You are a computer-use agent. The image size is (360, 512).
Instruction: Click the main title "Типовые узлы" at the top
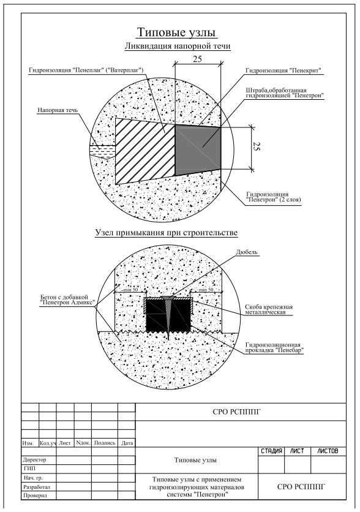point(176,32)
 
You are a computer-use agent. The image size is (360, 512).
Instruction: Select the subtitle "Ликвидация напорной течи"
point(178,46)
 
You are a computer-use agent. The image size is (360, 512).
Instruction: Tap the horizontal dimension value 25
point(197,59)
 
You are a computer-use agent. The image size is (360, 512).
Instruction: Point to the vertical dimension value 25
point(257,147)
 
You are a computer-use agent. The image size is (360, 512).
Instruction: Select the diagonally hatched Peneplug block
point(145,151)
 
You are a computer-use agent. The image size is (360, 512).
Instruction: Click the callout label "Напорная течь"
point(58,110)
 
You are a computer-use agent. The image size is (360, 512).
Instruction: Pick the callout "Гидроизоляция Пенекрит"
point(283,70)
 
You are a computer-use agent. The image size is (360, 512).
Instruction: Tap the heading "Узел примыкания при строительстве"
point(166,233)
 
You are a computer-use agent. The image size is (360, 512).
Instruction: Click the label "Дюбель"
point(247,252)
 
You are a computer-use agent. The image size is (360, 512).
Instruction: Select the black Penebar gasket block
point(168,315)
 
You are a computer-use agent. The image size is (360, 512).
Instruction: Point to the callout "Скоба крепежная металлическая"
point(269,309)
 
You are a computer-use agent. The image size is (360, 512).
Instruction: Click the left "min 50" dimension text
point(130,290)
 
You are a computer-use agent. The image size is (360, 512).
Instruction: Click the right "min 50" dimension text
point(206,290)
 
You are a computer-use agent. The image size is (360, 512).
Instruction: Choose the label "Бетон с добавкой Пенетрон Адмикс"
point(67,299)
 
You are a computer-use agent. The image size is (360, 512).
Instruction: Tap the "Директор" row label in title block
point(35,459)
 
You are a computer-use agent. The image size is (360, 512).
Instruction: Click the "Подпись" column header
point(105,443)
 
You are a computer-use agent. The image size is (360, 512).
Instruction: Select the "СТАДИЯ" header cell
point(271,451)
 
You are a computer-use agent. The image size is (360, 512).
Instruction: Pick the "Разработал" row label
point(37,486)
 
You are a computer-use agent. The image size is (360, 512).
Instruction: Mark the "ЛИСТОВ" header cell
point(328,451)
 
